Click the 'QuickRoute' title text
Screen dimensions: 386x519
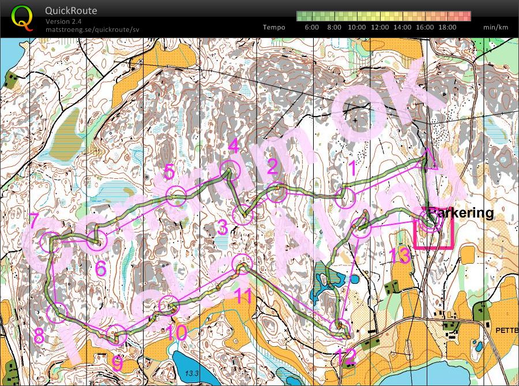(72, 11)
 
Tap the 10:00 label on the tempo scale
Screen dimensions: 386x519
(356, 27)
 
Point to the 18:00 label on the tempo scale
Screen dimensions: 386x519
(447, 27)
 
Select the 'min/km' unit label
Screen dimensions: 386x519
(496, 27)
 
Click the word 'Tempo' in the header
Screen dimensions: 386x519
(274, 27)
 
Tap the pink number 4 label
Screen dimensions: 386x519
(234, 147)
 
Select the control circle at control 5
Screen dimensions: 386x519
(176, 196)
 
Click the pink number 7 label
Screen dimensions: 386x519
(34, 220)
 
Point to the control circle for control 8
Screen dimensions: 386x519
(57, 312)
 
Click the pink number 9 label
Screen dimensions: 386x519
(117, 363)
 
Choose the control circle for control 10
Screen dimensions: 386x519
(167, 305)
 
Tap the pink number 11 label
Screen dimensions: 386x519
(244, 297)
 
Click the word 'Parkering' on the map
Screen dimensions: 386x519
(461, 213)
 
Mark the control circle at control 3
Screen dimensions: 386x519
(243, 215)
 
